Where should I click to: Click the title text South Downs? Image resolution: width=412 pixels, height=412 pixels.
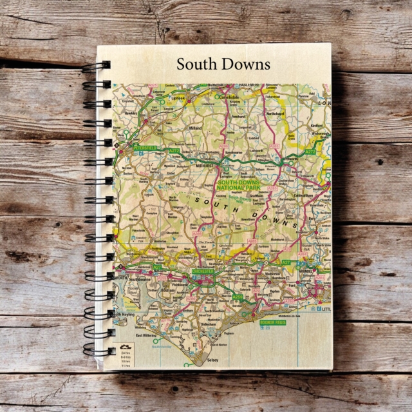223,64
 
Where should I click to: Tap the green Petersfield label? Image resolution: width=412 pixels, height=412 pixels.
145,148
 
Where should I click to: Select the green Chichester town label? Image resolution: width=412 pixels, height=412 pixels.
203,271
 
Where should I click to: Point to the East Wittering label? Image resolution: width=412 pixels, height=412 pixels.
145,335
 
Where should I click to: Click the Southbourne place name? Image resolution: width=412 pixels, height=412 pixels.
138,280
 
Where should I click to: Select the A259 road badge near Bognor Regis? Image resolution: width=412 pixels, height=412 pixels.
238,297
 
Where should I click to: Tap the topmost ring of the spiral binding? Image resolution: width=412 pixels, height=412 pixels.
97,65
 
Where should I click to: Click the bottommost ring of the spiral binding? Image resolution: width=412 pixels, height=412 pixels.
97,352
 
